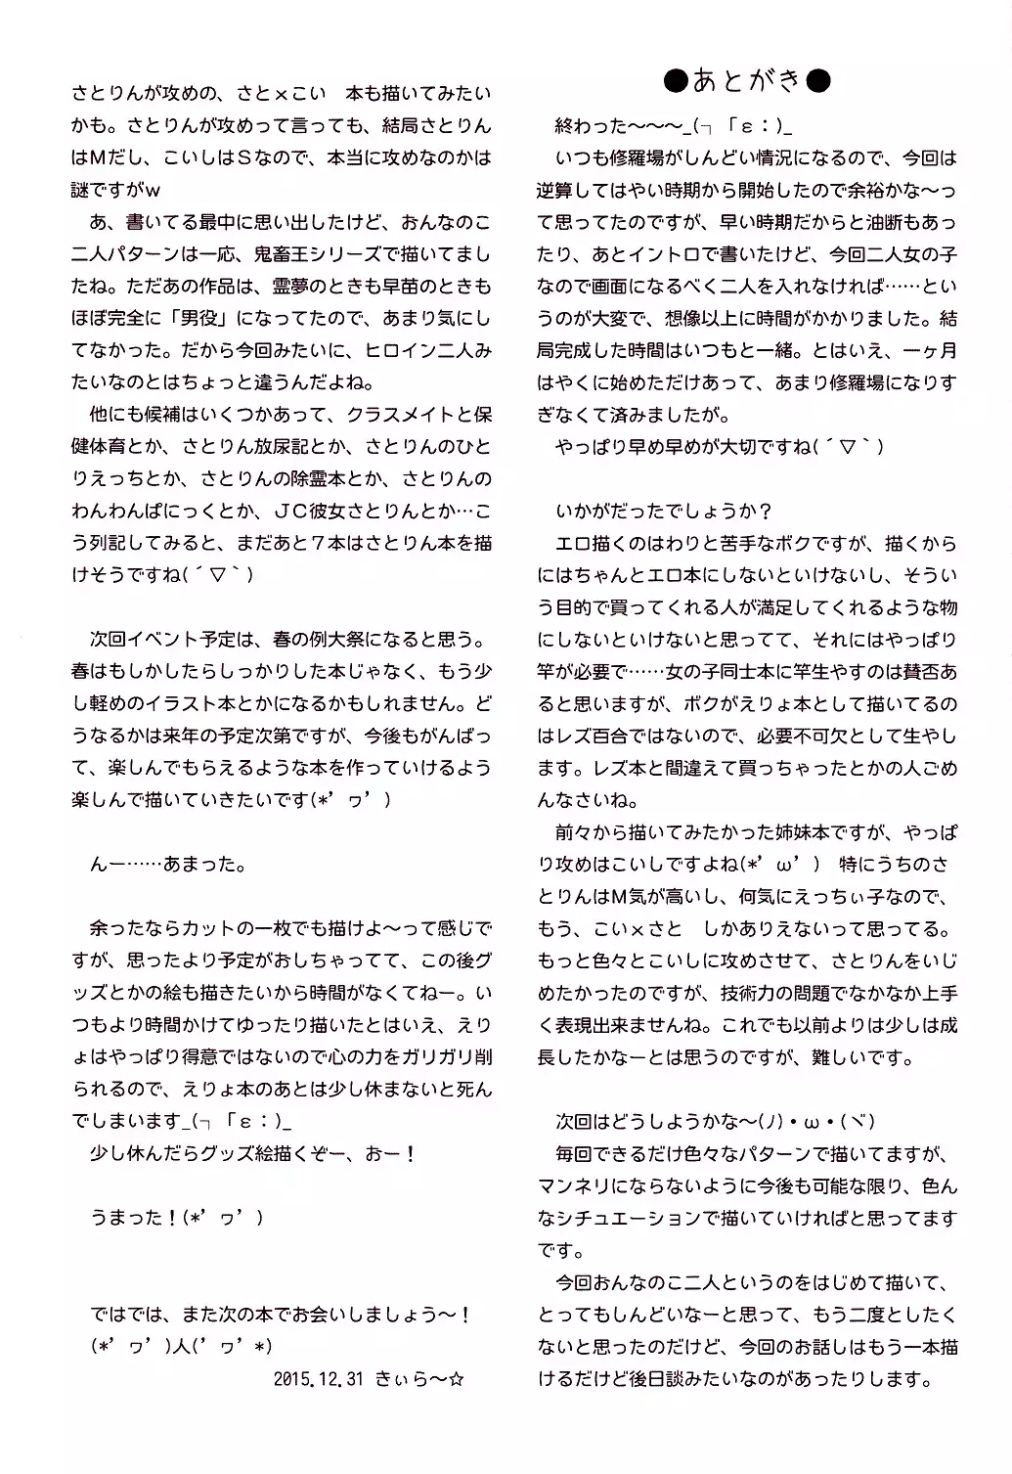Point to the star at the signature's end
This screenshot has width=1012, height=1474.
(x=457, y=1379)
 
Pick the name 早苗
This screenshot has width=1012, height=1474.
(x=414, y=287)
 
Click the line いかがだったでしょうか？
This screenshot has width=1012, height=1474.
(x=665, y=512)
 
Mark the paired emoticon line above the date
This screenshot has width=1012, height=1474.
(x=181, y=1347)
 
